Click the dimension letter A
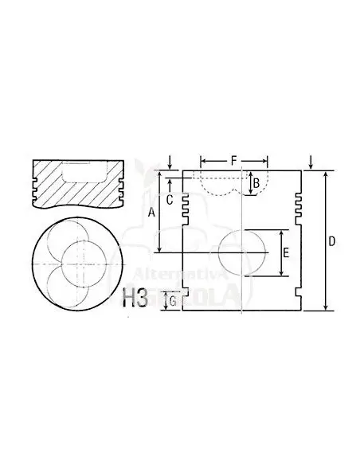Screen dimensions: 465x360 [x=152, y=212]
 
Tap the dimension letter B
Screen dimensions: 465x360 [x=256, y=185]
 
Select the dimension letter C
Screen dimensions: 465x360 [x=170, y=201]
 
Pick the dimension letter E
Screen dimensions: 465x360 [x=285, y=254]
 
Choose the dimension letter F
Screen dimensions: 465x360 [x=233, y=161]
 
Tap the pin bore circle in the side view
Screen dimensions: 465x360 [x=241, y=254]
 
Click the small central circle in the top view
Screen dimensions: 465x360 [x=80, y=264]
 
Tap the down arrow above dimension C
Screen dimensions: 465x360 [x=170, y=162]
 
